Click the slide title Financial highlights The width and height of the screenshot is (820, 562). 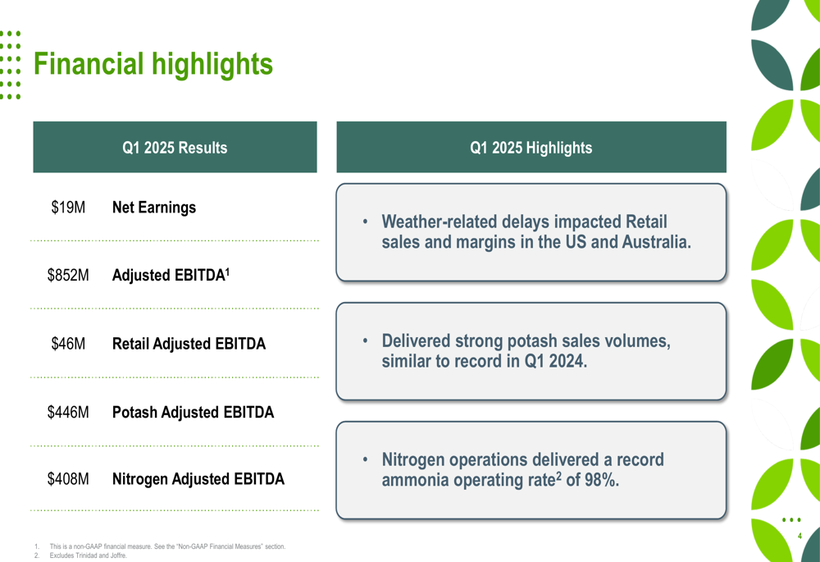pos(153,64)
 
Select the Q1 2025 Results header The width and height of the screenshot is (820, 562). pos(175,148)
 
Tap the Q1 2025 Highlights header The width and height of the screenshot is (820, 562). pos(531,148)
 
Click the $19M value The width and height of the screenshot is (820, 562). pos(68,208)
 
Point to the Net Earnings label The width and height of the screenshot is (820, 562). pos(153,208)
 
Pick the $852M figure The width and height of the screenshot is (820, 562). pos(68,276)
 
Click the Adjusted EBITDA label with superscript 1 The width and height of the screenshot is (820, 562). pos(170,275)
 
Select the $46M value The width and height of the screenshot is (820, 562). pos(68,344)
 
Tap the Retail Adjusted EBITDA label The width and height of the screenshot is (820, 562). pos(189,344)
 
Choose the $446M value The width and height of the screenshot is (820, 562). pos(68,412)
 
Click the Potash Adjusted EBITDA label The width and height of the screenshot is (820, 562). pos(193,412)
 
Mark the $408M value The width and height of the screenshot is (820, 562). pos(68,478)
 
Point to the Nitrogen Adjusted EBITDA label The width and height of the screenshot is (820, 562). pos(198,478)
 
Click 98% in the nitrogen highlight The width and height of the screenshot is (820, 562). pos(600,481)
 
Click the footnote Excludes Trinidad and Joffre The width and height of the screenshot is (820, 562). pos(89,555)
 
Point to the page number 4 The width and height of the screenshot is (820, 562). pos(799,536)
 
